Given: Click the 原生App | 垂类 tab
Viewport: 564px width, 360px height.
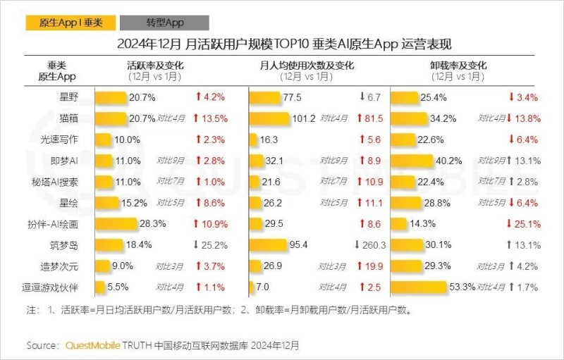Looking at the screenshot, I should pyautogui.click(x=64, y=23).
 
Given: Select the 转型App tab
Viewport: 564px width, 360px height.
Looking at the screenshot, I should pyautogui.click(x=164, y=23).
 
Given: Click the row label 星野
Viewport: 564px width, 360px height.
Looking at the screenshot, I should pyautogui.click(x=70, y=97).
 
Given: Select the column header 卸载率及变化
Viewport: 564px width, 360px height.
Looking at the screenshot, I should pyautogui.click(x=458, y=66).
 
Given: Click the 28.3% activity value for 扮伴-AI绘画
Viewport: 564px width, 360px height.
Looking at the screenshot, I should pyautogui.click(x=152, y=224).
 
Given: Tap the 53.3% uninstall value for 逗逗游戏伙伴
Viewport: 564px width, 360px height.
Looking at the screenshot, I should pyautogui.click(x=463, y=287).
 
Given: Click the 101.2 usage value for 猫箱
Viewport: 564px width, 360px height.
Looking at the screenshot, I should pyautogui.click(x=303, y=118).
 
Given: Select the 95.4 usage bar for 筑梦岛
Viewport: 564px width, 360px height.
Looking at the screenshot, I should pyautogui.click(x=269, y=245).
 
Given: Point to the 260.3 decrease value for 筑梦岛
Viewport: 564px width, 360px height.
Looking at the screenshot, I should pyautogui.click(x=372, y=245).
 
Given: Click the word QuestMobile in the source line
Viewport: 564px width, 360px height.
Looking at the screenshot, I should pyautogui.click(x=92, y=345).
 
